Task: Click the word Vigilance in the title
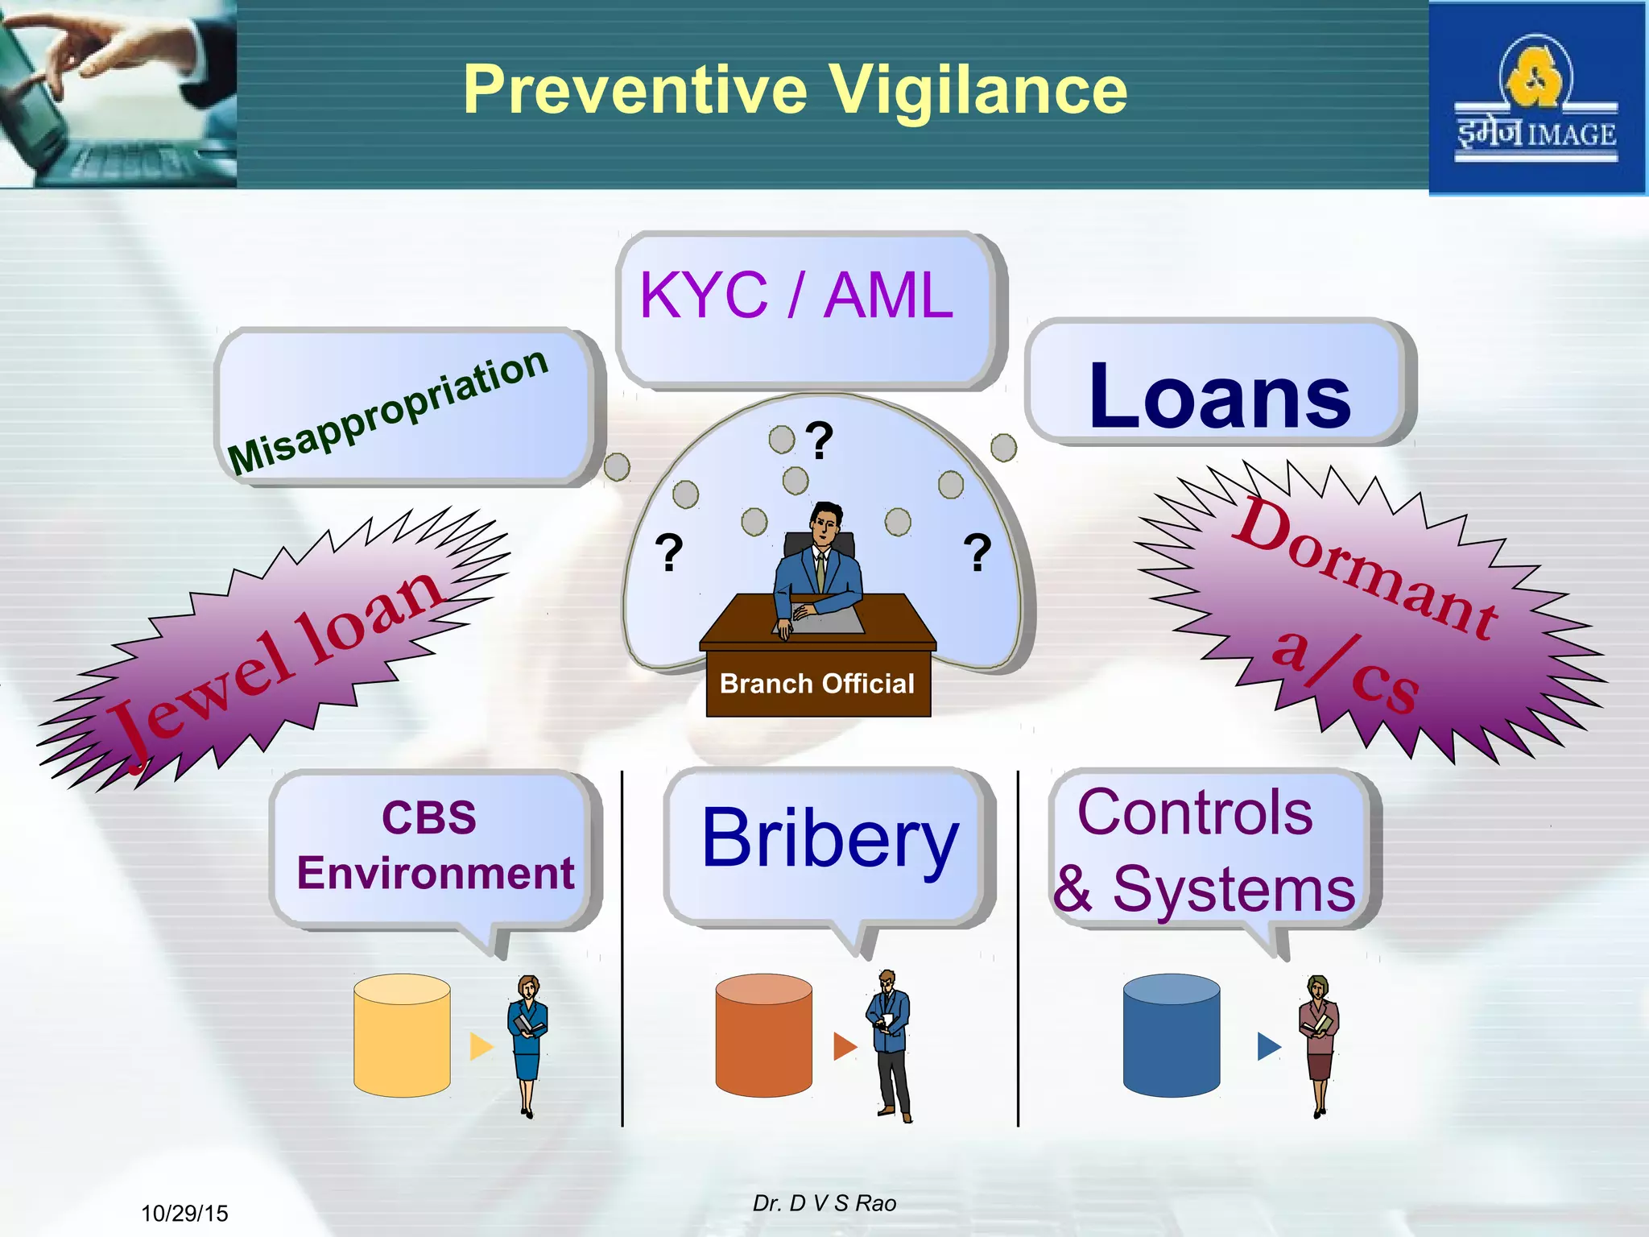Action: [x=977, y=90]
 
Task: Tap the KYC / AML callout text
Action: [x=796, y=296]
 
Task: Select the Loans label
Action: [x=1219, y=396]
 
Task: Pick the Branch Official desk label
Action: [x=817, y=684]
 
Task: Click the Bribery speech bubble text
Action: [x=829, y=839]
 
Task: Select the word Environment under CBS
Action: [x=436, y=874]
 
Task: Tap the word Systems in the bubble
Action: [x=1234, y=891]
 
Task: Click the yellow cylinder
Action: [x=402, y=1036]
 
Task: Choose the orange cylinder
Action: [x=763, y=1036]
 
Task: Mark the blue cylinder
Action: [x=1171, y=1036]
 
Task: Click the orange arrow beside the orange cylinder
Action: [x=845, y=1046]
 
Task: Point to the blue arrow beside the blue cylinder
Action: [x=1268, y=1046]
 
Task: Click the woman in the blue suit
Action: [x=527, y=1044]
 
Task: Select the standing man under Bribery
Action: [x=891, y=1044]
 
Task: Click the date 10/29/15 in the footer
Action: [x=184, y=1213]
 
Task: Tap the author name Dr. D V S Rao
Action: [x=824, y=1203]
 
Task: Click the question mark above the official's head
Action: [x=819, y=440]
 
